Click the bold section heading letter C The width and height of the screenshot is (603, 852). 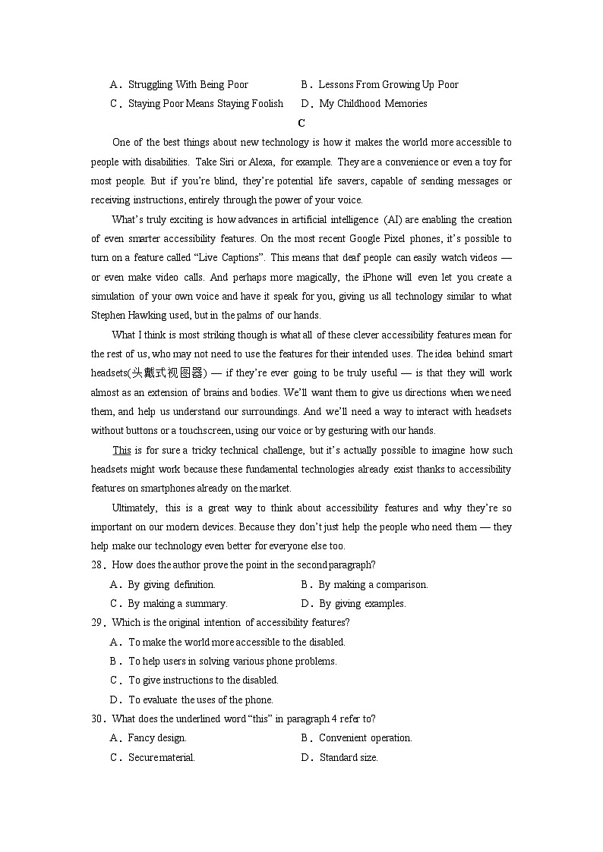301,123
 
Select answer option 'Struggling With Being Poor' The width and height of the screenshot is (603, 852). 188,85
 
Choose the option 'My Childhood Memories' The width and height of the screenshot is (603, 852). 373,104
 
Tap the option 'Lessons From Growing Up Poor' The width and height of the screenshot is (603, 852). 388,85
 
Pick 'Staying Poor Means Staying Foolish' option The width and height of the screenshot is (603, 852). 205,104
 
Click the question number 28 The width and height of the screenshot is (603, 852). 96,564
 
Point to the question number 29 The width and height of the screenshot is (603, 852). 96,623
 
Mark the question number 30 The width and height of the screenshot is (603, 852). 96,718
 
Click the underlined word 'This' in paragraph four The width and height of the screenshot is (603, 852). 122,450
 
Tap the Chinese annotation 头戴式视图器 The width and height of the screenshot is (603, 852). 167,373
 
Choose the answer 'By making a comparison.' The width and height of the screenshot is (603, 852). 373,585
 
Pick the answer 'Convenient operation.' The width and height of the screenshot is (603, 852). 365,738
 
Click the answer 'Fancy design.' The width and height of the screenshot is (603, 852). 157,738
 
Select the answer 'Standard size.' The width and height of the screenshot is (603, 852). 349,757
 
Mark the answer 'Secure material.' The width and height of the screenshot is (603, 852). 161,757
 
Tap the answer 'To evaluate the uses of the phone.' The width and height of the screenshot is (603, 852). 200,700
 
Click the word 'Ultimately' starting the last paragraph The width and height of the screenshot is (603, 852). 134,508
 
